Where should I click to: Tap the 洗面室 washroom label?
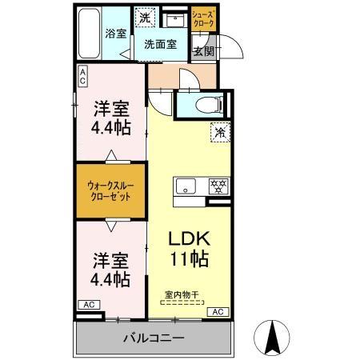160,46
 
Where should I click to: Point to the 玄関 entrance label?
203,51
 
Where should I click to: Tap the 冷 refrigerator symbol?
218,133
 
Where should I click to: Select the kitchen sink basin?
184,187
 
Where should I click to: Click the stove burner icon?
217,186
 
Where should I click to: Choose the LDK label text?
190,238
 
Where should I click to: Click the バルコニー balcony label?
154,337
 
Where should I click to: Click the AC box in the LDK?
217,311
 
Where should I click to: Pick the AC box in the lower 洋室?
90,305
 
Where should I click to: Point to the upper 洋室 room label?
111,106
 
